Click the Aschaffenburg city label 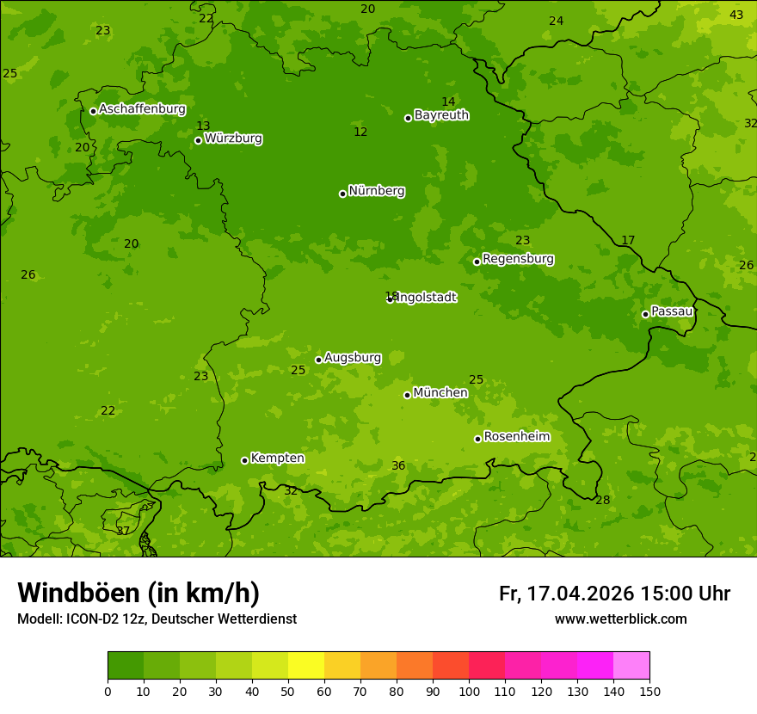pos(142,109)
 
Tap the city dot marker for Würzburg pos(198,140)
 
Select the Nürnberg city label pos(376,191)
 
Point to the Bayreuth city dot pos(408,118)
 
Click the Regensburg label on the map pos(518,259)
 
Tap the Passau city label pos(672,311)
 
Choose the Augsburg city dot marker pos(318,360)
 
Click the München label pos(440,393)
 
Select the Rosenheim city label pos(516,437)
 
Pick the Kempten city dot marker pos(244,460)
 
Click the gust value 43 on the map pos(736,15)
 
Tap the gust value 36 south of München pos(398,465)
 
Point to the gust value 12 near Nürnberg pos(360,132)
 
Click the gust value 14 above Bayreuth pos(448,102)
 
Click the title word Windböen pos(78,593)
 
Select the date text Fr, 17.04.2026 pos(566,594)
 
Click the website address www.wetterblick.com pos(620,619)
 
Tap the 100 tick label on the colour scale pos(469,691)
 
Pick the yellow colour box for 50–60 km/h pos(306,666)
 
